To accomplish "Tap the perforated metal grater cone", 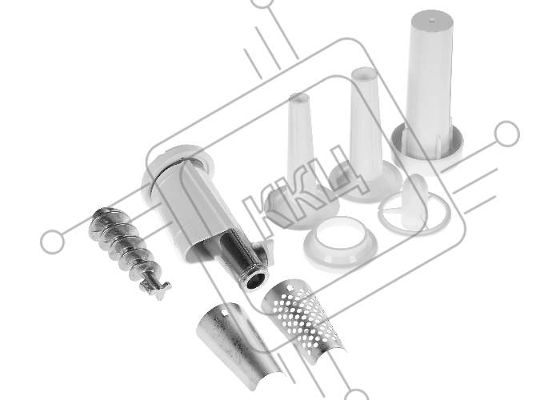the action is tap(302, 318).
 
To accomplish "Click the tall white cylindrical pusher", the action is tap(428, 90).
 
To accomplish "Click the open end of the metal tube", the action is tap(257, 278).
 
